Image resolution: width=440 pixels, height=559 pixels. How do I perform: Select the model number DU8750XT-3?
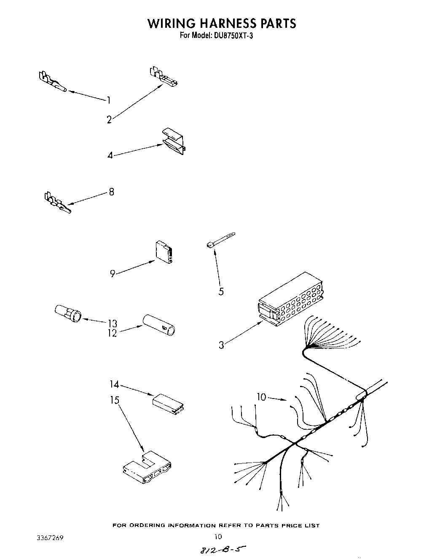point(231,36)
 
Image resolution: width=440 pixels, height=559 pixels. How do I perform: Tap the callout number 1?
point(109,100)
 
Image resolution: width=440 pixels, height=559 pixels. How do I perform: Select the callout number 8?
point(111,192)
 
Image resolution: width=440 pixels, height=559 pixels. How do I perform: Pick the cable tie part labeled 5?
point(221,239)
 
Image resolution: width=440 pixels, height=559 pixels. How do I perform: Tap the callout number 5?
point(221,291)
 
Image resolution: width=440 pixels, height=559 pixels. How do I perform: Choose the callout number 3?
point(221,345)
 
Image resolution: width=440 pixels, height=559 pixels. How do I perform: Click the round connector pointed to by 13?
point(68,314)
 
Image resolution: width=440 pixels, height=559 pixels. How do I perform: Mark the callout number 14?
point(114,384)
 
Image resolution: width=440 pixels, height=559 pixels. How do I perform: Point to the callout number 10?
point(261,397)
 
